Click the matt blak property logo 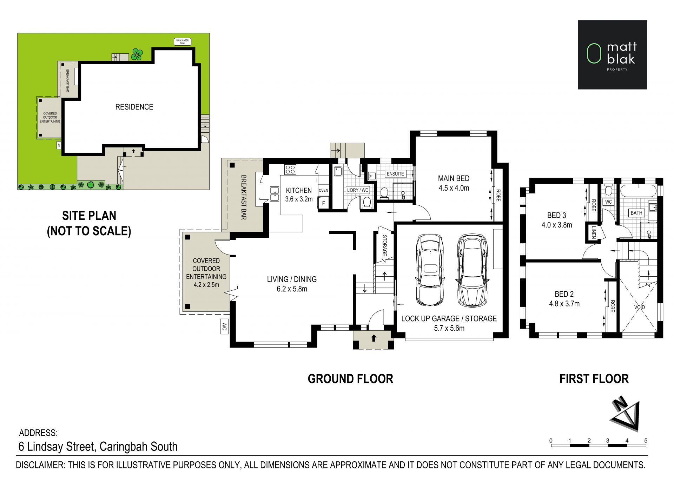click(613, 54)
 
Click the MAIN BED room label click(454, 178)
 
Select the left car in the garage click(429, 270)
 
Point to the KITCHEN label click(299, 190)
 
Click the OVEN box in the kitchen click(323, 190)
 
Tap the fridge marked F click(323, 203)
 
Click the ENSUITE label click(395, 174)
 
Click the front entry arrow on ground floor click(374, 338)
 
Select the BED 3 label click(556, 215)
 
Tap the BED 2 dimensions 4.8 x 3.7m click(564, 304)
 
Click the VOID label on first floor click(640, 307)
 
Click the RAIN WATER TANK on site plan click(183, 42)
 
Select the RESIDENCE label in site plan click(134, 107)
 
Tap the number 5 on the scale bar click(646, 441)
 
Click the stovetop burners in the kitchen click(290, 170)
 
